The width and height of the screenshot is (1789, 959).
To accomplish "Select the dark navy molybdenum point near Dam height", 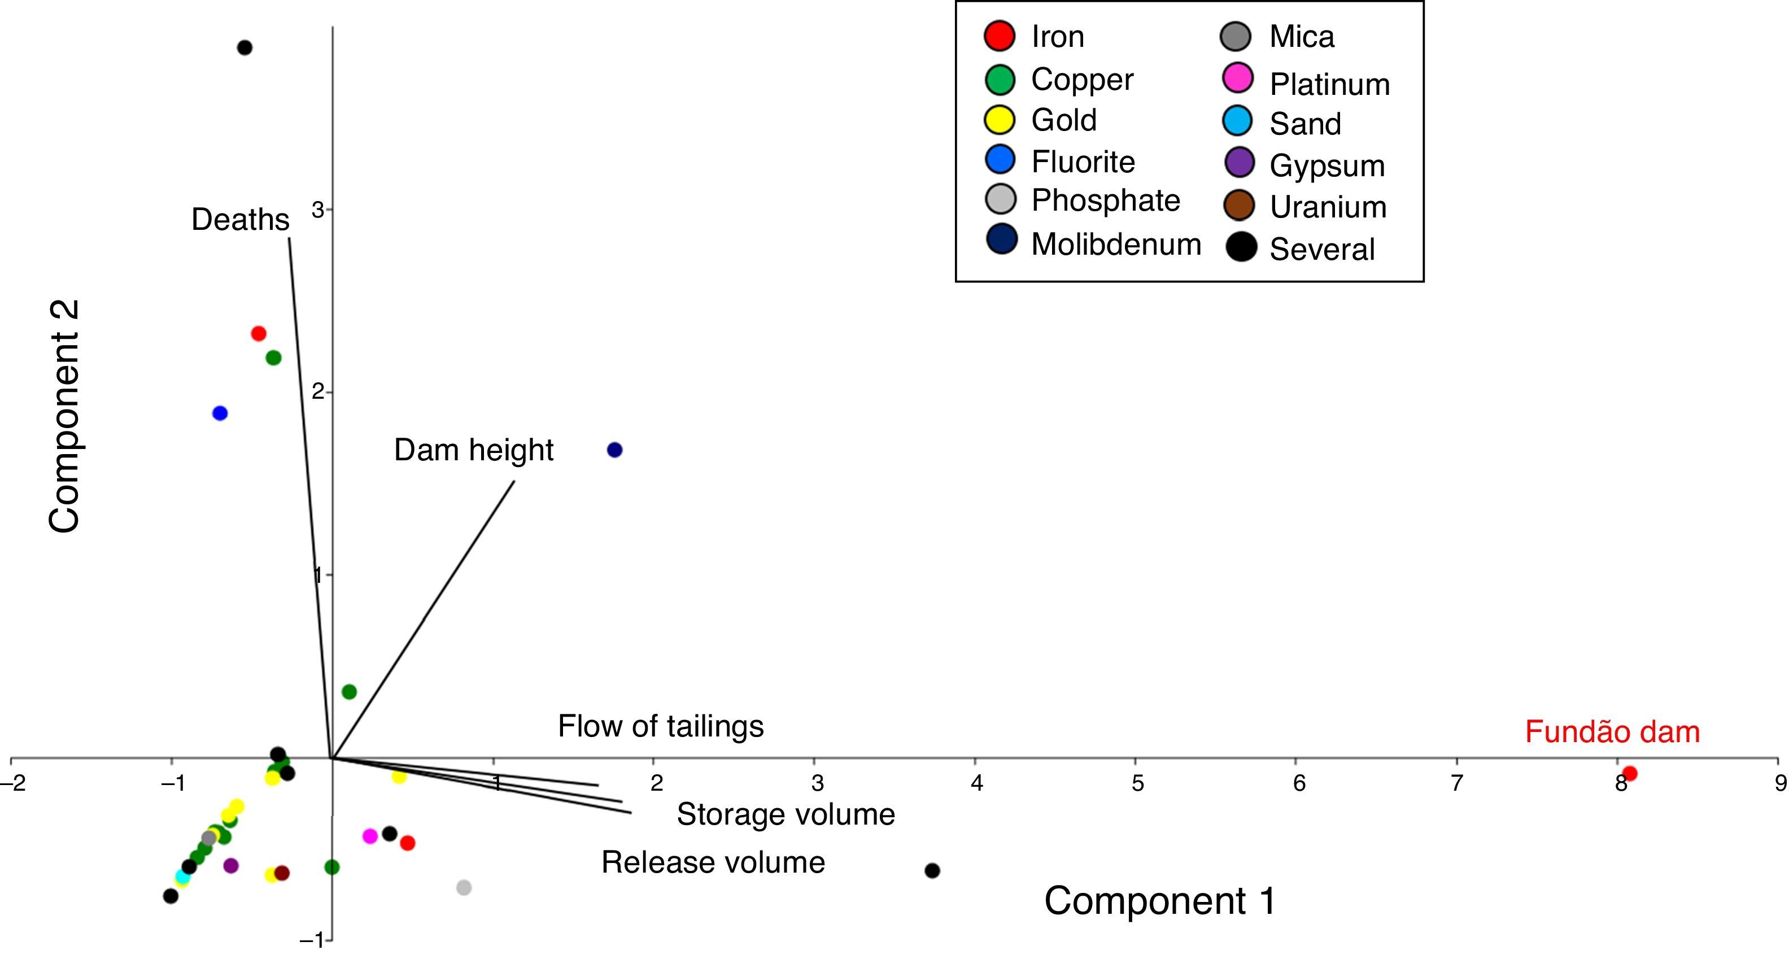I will [614, 450].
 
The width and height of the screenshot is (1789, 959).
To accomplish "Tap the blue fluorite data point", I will [220, 413].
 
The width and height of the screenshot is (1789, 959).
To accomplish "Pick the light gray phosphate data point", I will [464, 887].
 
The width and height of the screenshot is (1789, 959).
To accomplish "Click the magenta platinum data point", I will [370, 836].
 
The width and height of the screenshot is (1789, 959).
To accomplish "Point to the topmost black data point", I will [245, 48].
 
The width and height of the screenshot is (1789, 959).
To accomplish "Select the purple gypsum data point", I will [232, 866].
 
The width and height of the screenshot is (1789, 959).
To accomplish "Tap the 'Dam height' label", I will [474, 450].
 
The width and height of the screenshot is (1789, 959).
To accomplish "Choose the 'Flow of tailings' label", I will [661, 726].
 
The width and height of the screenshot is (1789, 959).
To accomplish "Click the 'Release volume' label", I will [713, 862].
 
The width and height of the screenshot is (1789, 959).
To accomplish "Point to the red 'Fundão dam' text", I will [1612, 732].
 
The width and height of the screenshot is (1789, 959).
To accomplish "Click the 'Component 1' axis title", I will [1160, 901].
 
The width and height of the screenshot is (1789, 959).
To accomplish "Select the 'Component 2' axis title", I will [64, 417].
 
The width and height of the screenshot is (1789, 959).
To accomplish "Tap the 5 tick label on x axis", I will [1137, 784].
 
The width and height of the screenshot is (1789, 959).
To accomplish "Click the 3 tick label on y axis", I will [318, 210].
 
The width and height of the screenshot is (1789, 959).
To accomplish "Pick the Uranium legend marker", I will [1239, 206].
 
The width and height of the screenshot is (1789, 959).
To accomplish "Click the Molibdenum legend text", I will [1116, 245].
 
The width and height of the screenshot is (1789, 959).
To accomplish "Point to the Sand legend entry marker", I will [1238, 121].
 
